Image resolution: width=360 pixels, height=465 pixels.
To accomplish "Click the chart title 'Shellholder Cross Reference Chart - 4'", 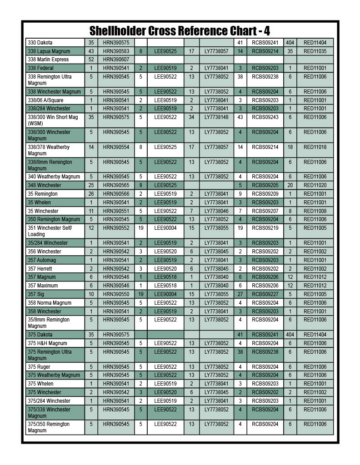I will click(180, 31).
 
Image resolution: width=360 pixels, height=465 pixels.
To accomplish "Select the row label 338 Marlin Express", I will click(48, 59).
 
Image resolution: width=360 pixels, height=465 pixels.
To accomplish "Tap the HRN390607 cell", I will click(116, 59).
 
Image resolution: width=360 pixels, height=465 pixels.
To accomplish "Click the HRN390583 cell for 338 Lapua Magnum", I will click(116, 51).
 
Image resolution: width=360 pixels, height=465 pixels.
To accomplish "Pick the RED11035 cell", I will click(315, 51).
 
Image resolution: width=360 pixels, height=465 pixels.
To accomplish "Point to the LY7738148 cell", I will click(216, 117).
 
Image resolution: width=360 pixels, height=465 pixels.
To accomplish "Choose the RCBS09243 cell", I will click(265, 117).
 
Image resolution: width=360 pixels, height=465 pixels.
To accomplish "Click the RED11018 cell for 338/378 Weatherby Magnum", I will click(315, 147).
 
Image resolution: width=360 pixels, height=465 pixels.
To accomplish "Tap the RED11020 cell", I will click(315, 185).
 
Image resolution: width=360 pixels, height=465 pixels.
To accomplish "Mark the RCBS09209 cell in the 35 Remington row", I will click(265, 194).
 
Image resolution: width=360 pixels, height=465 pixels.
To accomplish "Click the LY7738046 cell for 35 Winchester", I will click(216, 211).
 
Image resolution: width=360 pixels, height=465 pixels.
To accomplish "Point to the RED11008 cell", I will click(315, 211).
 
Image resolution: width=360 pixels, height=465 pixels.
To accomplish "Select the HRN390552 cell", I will click(116, 228).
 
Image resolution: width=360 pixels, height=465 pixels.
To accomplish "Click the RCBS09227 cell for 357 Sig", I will click(265, 294).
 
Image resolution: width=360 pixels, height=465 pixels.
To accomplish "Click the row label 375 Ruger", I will click(40, 367).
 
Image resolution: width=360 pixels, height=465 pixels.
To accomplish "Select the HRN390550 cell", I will click(116, 294).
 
